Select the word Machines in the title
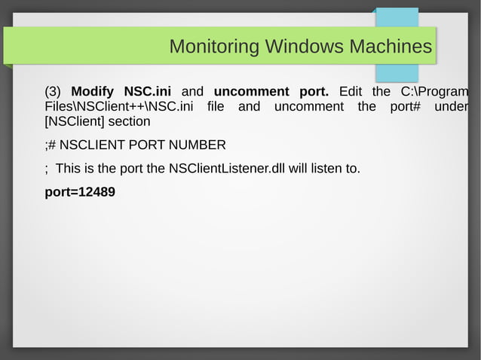pyautogui.click(x=390, y=47)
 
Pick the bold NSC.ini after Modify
pyautogui.click(x=148, y=92)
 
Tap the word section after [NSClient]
pyautogui.click(x=130, y=121)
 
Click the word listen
pyautogui.click(x=326, y=168)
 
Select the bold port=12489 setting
pyautogui.click(x=80, y=192)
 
